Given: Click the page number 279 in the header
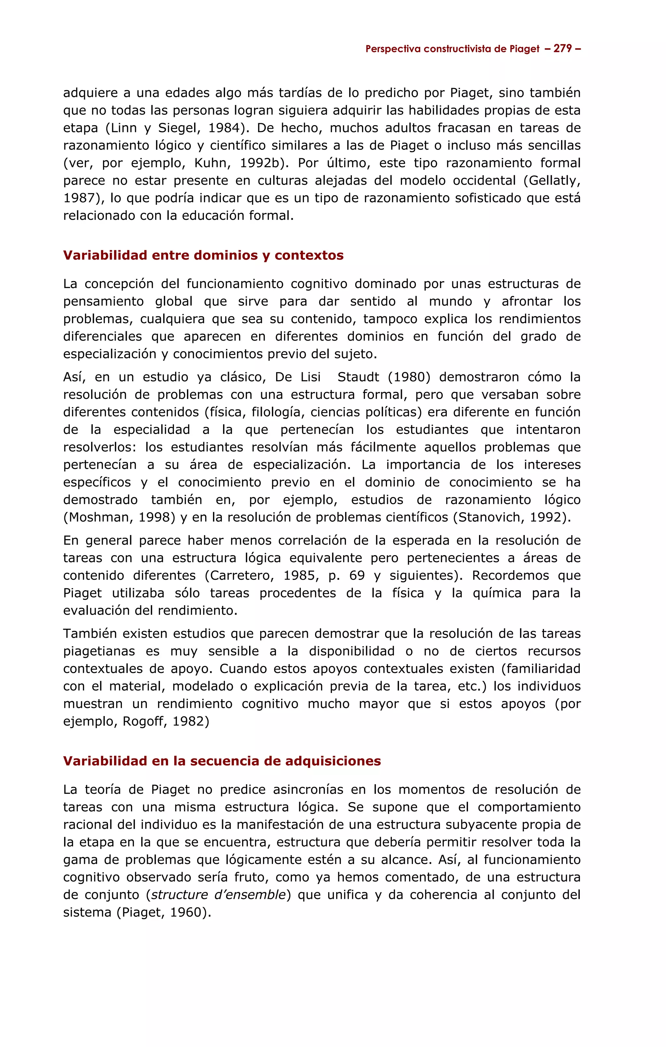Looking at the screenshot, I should (563, 49).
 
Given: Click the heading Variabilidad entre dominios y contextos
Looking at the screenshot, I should (203, 255).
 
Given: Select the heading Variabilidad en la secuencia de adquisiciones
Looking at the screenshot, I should (222, 761).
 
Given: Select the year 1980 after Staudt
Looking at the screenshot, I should (408, 377).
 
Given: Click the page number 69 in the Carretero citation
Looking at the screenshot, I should (357, 575).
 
